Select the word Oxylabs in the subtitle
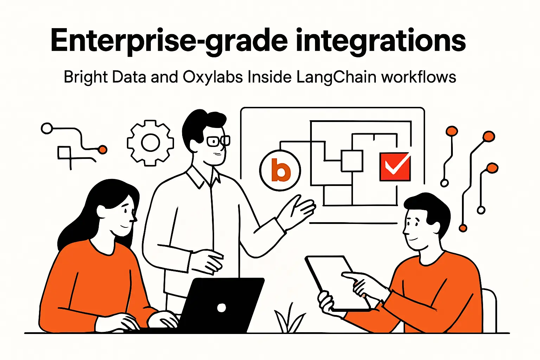pos(213,77)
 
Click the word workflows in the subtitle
pos(419,77)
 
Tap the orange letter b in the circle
pos(281,171)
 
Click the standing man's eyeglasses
pos(218,141)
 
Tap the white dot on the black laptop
pos(221,308)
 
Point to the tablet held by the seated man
pos(334,278)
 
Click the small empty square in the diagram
pos(352,161)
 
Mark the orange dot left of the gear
pos(103,150)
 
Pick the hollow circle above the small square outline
pos(47,128)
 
